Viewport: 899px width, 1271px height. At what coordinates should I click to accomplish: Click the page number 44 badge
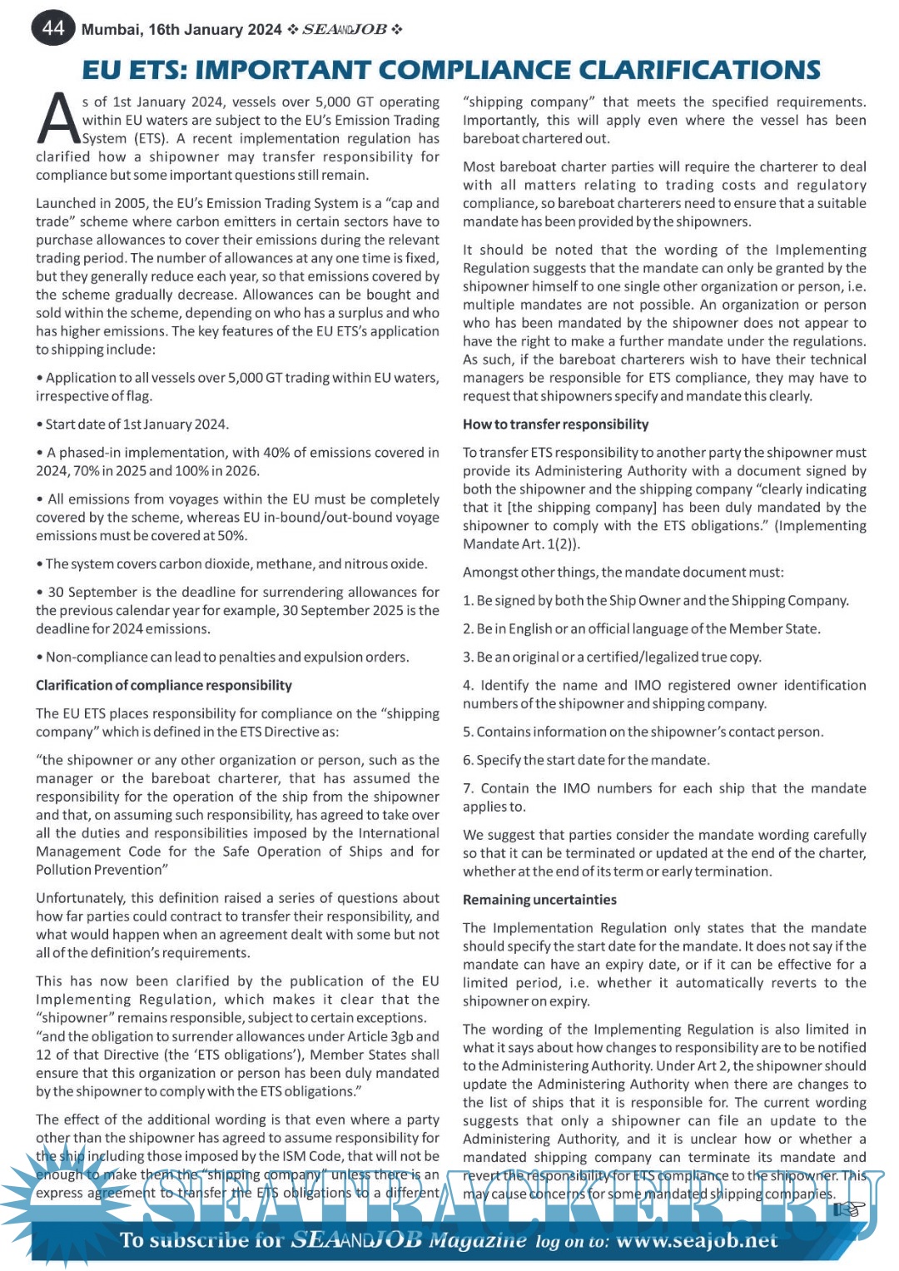(52, 28)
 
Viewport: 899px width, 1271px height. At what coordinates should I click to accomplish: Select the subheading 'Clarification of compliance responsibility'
(164, 685)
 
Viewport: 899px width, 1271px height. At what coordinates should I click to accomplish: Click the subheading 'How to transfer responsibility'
(555, 424)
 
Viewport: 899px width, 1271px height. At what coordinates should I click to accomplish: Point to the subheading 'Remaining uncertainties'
(539, 899)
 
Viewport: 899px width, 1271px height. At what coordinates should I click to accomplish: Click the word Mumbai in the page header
(111, 30)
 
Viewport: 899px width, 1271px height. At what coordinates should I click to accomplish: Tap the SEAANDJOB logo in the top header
(344, 30)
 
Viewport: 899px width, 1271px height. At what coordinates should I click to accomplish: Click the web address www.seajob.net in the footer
(697, 1240)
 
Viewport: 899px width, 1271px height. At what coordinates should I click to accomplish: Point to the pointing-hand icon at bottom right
(849, 1209)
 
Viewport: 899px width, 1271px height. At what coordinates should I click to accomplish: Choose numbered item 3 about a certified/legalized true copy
(612, 657)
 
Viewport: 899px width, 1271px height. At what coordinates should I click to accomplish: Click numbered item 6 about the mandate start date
(586, 760)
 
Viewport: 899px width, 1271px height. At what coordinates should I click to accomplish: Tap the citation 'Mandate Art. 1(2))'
(522, 544)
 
